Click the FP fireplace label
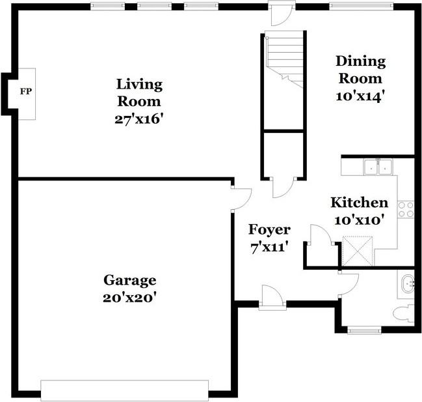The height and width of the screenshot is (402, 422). [x=26, y=91]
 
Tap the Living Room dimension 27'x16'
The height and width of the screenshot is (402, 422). [x=139, y=119]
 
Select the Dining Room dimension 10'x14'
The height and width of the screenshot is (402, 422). [x=360, y=96]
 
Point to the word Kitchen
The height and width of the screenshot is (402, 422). [x=360, y=203]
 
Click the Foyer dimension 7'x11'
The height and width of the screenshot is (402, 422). [x=269, y=247]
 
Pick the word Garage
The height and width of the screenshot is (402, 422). [x=130, y=280]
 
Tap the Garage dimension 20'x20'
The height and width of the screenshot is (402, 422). [x=130, y=298]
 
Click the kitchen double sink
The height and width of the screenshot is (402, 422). [x=378, y=167]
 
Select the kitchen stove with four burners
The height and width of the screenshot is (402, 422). [x=406, y=210]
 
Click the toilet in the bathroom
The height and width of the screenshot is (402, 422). [x=404, y=313]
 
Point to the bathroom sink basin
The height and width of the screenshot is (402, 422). [x=408, y=283]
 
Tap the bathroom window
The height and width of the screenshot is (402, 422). [x=364, y=330]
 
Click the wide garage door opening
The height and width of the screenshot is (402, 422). [x=125, y=390]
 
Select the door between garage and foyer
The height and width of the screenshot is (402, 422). [x=241, y=199]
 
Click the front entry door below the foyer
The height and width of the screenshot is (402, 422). [x=272, y=297]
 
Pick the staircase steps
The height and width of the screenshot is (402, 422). [x=284, y=59]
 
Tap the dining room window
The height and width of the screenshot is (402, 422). [x=362, y=6]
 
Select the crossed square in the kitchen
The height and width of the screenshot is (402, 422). [x=358, y=251]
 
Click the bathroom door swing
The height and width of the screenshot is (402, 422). [x=349, y=285]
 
